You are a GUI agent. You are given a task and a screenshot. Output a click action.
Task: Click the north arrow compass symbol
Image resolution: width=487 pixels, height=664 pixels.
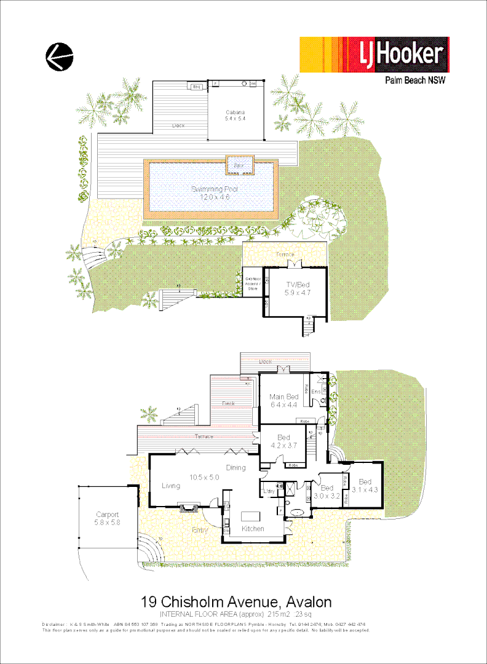pyautogui.click(x=59, y=57)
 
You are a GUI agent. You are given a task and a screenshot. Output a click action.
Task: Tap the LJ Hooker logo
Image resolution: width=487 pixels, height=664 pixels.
pyautogui.click(x=374, y=55)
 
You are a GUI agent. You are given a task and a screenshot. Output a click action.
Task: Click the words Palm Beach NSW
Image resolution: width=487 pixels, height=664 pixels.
pyautogui.click(x=415, y=80)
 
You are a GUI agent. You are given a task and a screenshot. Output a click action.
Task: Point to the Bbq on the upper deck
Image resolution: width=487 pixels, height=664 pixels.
pyautogui.click(x=197, y=87)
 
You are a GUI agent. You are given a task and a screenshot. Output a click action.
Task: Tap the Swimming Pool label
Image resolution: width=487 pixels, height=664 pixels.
pyautogui.click(x=214, y=189)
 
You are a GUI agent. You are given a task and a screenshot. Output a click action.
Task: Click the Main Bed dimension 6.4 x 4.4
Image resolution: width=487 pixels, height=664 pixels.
pyautogui.click(x=283, y=405)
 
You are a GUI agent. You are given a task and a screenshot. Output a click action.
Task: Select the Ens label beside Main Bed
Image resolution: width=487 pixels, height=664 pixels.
pyautogui.click(x=316, y=392)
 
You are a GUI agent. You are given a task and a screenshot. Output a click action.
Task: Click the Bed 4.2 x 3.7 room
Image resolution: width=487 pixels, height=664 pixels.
pyautogui.click(x=283, y=441)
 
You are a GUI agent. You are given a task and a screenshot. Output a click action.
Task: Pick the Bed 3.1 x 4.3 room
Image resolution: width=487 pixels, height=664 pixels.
pyautogui.click(x=366, y=486)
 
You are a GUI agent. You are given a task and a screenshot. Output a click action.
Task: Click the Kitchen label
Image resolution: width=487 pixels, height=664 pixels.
pyautogui.click(x=252, y=529)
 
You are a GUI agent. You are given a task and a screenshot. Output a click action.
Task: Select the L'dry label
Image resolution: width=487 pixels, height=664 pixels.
pyautogui.click(x=268, y=491)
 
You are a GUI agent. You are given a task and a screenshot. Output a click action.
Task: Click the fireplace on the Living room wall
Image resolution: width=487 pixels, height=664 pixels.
pyautogui.click(x=188, y=507)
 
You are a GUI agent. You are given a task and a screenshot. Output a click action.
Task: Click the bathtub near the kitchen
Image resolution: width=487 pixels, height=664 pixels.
pyautogui.click(x=296, y=512)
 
